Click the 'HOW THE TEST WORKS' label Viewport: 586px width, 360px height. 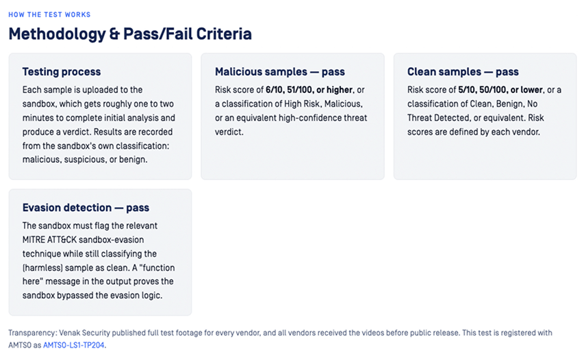click(49, 14)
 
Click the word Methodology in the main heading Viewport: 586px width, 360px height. click(58, 34)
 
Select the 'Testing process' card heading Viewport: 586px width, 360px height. click(62, 71)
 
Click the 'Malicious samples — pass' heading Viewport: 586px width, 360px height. click(280, 71)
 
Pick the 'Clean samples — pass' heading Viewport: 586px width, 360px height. click(463, 71)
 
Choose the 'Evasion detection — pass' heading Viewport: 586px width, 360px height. click(86, 207)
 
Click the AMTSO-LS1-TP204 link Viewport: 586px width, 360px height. click(74, 346)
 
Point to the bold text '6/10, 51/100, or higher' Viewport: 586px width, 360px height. click(309, 90)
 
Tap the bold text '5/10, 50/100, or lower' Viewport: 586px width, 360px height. click(500, 90)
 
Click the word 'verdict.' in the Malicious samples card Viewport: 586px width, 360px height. click(229, 132)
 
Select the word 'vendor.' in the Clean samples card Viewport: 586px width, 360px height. click(526, 132)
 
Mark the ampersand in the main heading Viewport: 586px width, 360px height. click(114, 34)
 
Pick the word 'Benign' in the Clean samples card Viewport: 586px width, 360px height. click(510, 104)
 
